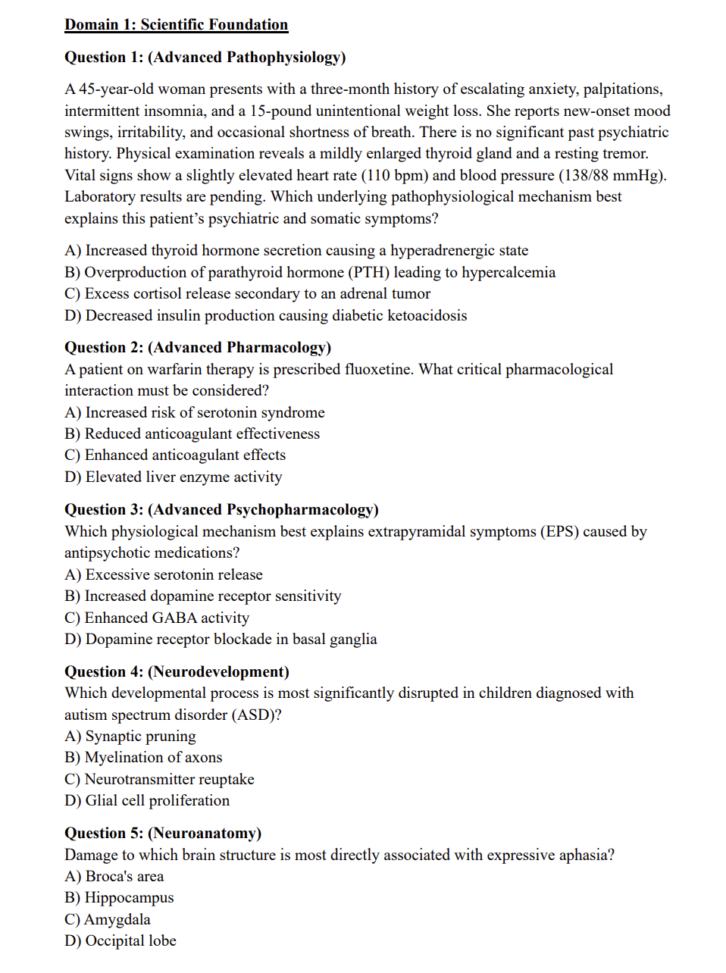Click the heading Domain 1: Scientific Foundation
tap(176, 25)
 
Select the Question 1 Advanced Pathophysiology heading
tap(205, 58)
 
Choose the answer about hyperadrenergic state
tap(296, 251)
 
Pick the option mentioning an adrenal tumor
tap(247, 294)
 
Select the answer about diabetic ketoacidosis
tap(265, 316)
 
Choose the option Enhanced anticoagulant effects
tap(175, 455)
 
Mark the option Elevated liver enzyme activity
tap(174, 477)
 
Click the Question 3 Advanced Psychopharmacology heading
tap(221, 510)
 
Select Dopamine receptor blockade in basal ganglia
tap(221, 640)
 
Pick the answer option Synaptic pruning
tap(130, 737)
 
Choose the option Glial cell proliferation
tap(147, 801)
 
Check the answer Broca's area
tap(114, 877)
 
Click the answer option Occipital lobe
tap(120, 941)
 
